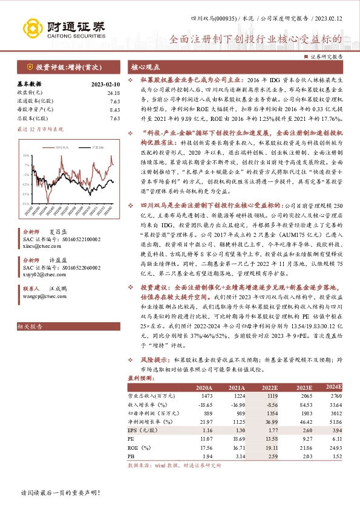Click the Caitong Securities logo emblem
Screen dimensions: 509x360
coord(32,28)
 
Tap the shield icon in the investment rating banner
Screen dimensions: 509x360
coord(29,67)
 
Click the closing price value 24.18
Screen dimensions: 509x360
coord(113,92)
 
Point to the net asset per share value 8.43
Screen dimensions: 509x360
coord(114,109)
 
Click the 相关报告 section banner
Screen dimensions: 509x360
coord(30,326)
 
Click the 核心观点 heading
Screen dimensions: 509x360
coord(143,68)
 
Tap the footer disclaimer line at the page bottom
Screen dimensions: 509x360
coord(59,493)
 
